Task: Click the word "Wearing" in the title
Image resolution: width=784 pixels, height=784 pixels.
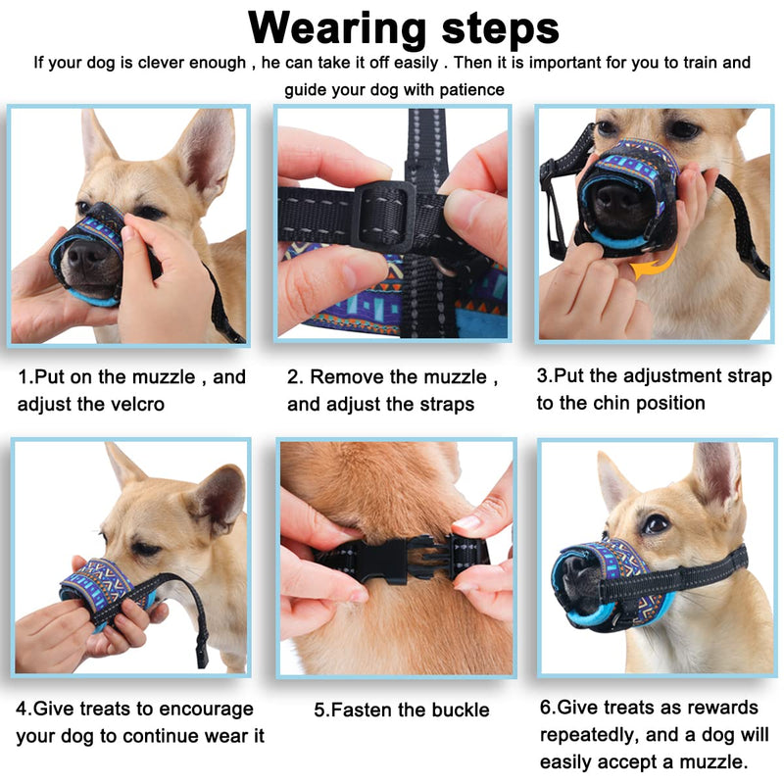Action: click(x=336, y=29)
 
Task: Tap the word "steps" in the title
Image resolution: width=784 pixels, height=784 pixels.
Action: click(x=501, y=29)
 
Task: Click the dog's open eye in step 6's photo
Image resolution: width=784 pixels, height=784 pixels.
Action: click(x=656, y=523)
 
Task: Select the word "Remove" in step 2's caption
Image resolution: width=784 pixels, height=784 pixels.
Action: click(x=348, y=377)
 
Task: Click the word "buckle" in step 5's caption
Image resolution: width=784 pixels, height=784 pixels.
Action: click(x=461, y=710)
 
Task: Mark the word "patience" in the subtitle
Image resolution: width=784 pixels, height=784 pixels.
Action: click(x=472, y=90)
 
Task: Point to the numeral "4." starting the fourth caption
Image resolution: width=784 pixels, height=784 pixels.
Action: click(x=24, y=709)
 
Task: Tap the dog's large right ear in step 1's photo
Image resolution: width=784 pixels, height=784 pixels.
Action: click(x=204, y=150)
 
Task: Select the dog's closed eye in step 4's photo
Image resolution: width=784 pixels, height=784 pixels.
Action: click(x=145, y=549)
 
